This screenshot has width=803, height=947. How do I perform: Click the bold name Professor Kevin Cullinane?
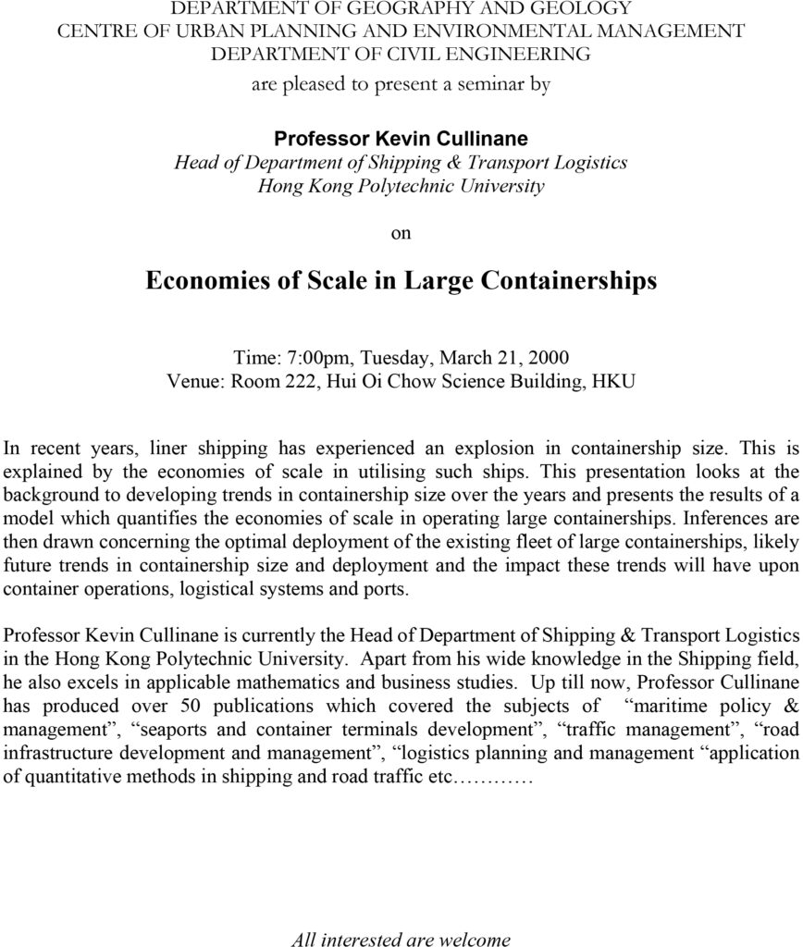(401, 139)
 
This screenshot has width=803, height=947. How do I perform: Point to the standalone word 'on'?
(401, 233)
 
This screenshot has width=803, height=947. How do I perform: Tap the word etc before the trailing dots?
(438, 775)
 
